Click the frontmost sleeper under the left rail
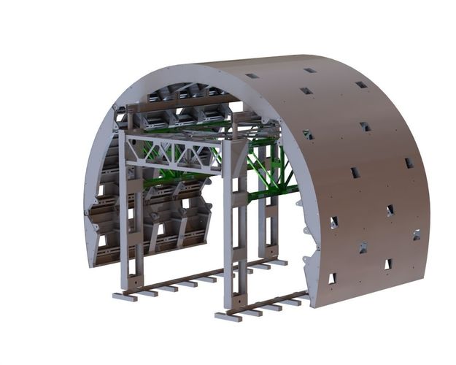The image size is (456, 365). pos(125,297)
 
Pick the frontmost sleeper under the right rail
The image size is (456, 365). pos(227,316)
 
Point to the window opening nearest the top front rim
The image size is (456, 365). pos(252,76)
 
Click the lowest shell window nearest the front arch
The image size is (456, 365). pos(331,278)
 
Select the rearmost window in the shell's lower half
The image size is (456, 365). pos(416,235)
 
